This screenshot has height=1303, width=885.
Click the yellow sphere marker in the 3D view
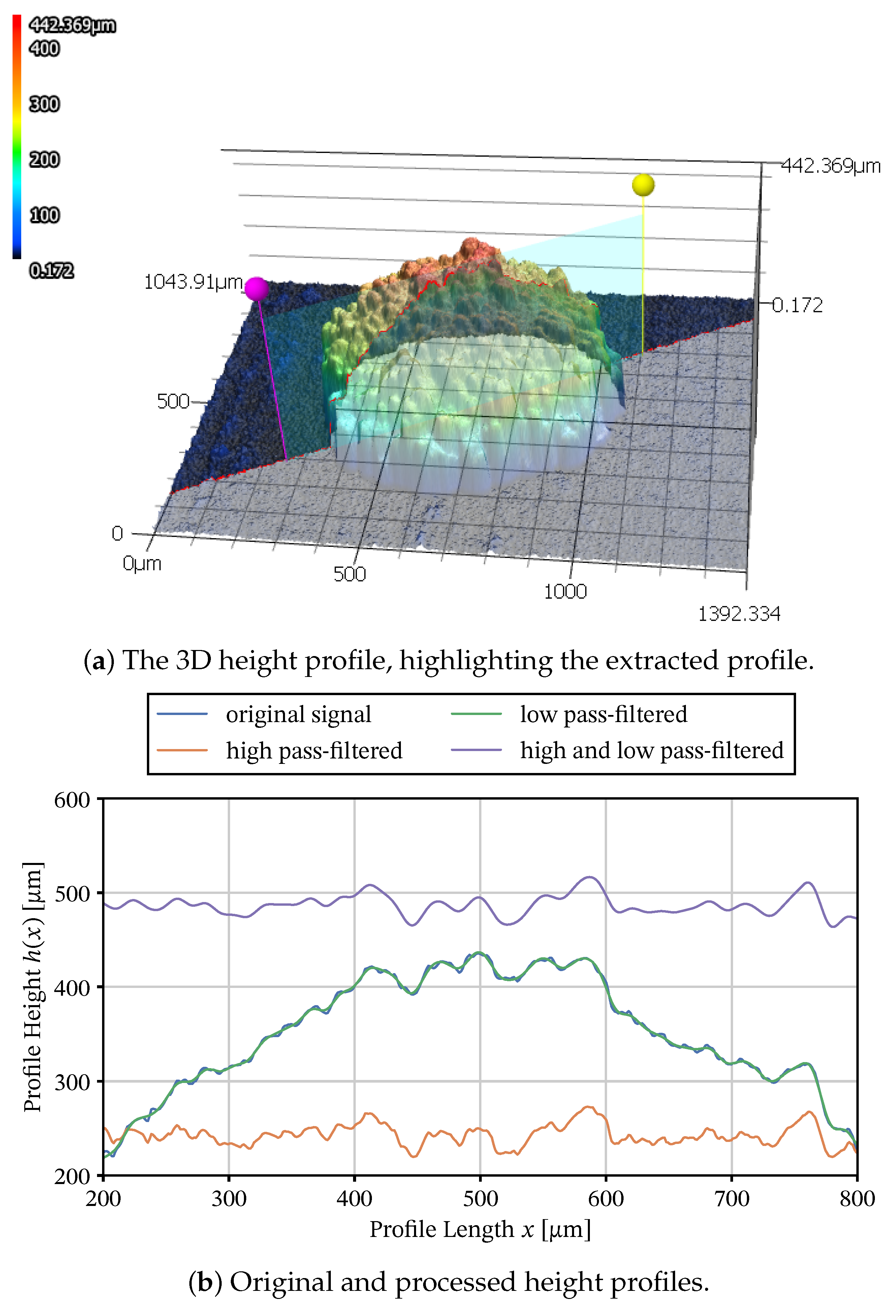(642, 184)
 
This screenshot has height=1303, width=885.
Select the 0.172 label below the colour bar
(52, 271)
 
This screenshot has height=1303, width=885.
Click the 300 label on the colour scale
(44, 104)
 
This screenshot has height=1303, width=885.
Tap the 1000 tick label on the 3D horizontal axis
(565, 591)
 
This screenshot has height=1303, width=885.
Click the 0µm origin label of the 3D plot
(142, 563)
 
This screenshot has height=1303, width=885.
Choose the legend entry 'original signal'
(298, 714)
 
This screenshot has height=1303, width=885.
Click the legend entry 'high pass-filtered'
(314, 750)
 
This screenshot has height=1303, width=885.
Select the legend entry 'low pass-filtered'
(603, 714)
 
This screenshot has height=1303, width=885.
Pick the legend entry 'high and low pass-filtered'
(651, 750)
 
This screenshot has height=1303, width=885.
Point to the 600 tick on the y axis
(72, 800)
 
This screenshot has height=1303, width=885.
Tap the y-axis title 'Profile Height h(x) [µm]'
(32, 987)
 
